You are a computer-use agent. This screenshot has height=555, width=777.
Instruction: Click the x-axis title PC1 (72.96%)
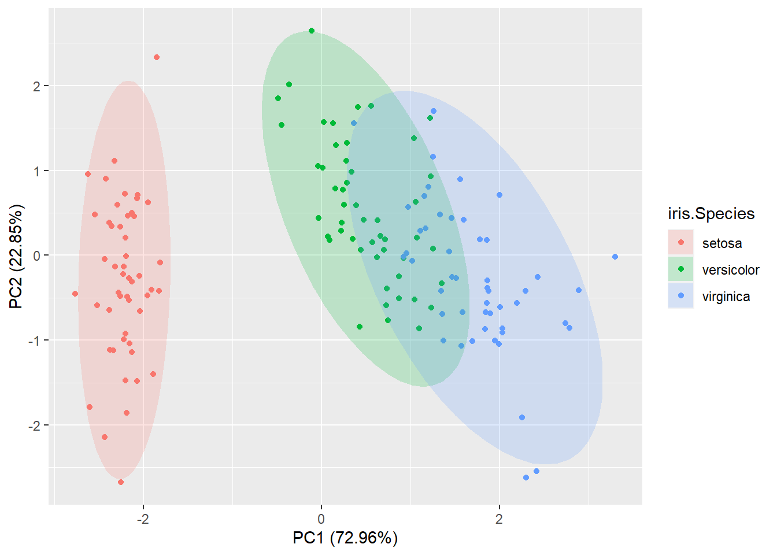click(345, 538)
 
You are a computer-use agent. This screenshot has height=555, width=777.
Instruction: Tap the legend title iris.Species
click(711, 214)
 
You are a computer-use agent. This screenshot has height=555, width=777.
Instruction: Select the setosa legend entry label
click(721, 243)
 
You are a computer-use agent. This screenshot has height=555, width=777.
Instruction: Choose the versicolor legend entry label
click(730, 270)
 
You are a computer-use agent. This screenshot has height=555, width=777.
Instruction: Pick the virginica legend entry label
click(726, 297)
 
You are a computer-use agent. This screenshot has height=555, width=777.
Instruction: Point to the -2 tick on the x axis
click(143, 519)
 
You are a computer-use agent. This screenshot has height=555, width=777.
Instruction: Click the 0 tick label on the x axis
click(321, 519)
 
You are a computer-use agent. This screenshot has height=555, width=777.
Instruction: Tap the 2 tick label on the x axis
click(499, 519)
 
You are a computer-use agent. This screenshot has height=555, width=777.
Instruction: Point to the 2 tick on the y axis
click(37, 86)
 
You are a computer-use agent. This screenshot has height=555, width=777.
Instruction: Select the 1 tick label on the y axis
click(37, 171)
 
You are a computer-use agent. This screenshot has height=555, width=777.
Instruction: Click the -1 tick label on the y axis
click(35, 341)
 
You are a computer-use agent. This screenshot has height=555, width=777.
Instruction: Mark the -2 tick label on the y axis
click(35, 425)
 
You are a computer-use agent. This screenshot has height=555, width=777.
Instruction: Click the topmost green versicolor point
click(312, 31)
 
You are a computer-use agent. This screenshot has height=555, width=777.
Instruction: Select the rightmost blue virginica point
click(615, 257)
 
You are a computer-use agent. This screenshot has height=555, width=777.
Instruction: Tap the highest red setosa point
click(157, 57)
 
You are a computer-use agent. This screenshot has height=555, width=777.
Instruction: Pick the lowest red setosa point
click(121, 482)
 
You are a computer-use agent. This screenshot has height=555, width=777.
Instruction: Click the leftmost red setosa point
click(75, 294)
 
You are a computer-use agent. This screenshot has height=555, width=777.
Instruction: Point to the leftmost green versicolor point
click(278, 98)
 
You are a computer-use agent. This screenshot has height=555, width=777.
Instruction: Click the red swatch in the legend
click(680, 243)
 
